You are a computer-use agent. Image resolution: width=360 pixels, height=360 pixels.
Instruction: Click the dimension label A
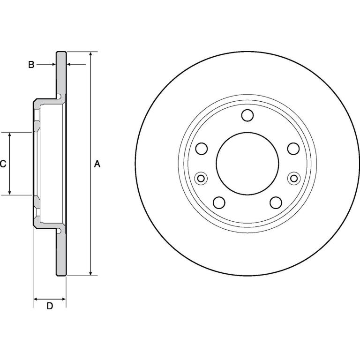97,164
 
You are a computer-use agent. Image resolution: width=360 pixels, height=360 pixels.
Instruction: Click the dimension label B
31,65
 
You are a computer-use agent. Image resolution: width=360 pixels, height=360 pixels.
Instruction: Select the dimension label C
3,164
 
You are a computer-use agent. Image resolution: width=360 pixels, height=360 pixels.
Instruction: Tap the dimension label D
50,306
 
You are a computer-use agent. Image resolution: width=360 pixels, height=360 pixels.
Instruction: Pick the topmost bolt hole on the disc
247,115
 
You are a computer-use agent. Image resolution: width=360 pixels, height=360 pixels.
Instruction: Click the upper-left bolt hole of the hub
202,148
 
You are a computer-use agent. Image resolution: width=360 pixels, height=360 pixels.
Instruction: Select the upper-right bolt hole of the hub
293,148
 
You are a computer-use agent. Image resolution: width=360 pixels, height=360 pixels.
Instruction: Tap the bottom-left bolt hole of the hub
219,202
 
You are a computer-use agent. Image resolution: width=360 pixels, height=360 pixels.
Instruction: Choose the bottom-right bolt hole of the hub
276,202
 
